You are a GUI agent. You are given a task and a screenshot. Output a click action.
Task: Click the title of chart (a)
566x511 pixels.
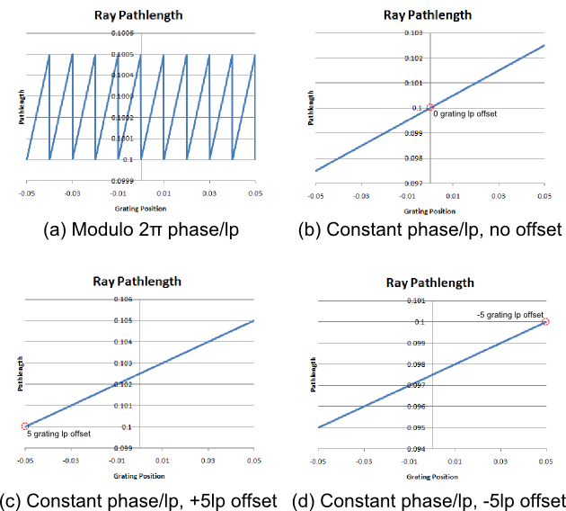click(141, 15)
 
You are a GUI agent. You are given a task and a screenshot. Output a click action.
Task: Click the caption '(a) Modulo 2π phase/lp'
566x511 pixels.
click(141, 229)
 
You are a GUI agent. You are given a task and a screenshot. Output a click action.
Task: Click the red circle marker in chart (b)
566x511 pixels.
click(430, 108)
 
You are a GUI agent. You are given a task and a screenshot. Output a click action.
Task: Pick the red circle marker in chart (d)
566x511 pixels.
click(545, 322)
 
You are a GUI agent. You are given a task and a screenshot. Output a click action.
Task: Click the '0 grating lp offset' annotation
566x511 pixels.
click(464, 114)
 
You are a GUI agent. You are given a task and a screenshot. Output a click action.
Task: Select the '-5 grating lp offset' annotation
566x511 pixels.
click(510, 314)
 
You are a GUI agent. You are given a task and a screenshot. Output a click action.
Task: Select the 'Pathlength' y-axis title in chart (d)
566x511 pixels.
click(310, 374)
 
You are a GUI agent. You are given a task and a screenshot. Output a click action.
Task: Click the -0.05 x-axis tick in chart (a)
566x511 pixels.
click(27, 193)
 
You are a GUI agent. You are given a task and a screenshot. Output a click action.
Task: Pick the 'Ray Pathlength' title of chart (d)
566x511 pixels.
click(429, 282)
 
